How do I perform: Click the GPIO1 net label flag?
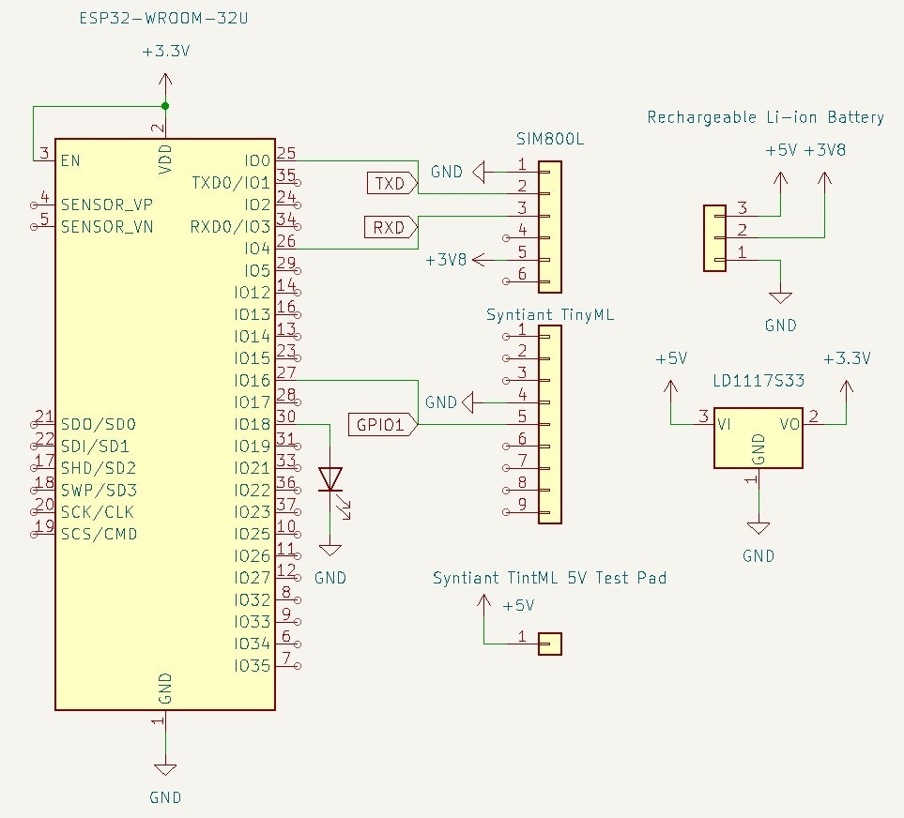381,424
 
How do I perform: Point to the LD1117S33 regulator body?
758,437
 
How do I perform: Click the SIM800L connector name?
550,139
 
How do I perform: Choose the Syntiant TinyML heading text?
549,315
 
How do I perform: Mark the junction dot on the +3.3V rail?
165,105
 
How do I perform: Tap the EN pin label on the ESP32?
70,160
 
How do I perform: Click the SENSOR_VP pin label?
107,204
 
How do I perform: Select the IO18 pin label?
253,424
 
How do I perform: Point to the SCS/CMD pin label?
99,535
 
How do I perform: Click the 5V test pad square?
550,644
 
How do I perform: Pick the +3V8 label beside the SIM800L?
446,259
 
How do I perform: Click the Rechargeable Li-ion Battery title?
765,117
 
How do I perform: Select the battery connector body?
714,238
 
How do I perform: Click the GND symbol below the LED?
330,550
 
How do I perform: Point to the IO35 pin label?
253,666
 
